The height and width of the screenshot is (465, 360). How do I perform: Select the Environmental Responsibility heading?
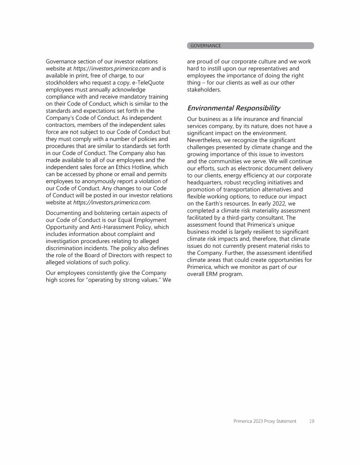(x=233, y=108)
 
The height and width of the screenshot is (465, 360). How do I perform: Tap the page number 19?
(x=311, y=421)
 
